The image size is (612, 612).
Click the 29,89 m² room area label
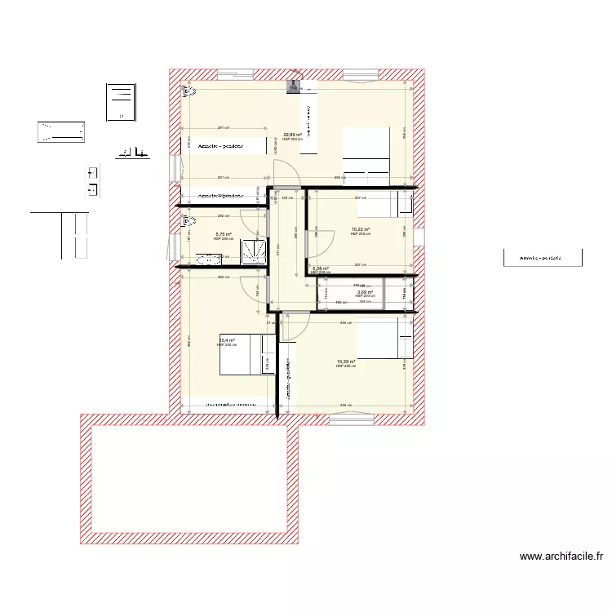[x=292, y=135]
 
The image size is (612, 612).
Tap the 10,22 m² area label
[x=360, y=229]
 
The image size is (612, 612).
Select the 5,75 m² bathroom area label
[x=223, y=234]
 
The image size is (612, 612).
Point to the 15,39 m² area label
[x=346, y=361]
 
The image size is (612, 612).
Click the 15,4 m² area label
[x=227, y=340]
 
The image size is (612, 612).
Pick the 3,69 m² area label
[x=364, y=291]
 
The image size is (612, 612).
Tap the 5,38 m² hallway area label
[x=320, y=268]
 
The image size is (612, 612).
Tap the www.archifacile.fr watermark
[x=561, y=557]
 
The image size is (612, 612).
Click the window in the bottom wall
[x=351, y=419]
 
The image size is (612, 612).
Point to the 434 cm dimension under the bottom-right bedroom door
[x=345, y=322]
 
